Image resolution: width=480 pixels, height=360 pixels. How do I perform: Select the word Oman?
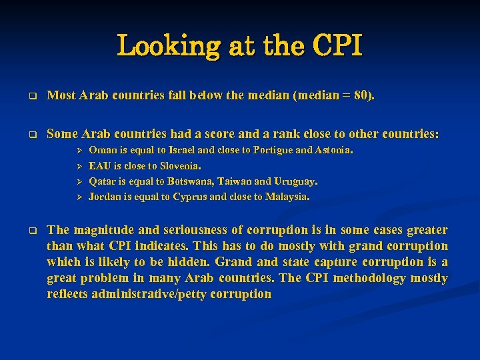point(101,150)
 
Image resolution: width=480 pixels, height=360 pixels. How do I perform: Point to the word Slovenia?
point(179,165)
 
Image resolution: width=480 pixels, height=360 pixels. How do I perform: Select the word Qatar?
point(102,181)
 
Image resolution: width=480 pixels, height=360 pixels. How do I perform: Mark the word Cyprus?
point(194,196)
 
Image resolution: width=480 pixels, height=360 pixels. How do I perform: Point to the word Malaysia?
point(286,196)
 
